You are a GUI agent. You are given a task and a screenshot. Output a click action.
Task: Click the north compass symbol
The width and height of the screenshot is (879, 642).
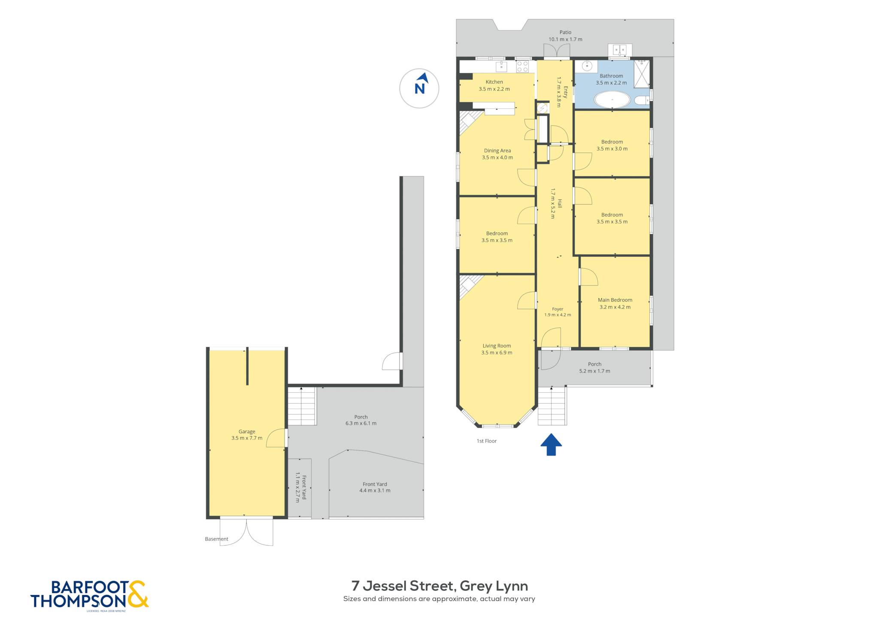coord(419,88)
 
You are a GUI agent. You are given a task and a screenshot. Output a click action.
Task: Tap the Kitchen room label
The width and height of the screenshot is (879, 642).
coord(494,82)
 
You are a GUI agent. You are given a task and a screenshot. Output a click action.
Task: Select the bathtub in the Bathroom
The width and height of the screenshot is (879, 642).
coord(612,100)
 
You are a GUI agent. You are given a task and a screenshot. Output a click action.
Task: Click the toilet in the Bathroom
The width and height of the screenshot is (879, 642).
coord(642,101)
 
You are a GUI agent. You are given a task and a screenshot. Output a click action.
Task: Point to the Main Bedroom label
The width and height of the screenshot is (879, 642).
coord(615,300)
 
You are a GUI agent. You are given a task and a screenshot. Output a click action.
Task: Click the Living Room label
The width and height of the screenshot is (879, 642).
coord(497,345)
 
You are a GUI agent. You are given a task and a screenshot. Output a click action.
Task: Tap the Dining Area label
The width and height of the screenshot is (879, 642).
coord(497,150)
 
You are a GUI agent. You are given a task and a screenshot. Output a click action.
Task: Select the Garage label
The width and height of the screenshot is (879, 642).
coord(247,431)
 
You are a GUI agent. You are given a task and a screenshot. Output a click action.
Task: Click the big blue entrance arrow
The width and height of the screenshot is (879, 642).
coord(551,444)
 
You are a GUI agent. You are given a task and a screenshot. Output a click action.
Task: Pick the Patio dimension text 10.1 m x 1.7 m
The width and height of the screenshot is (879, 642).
coord(565,39)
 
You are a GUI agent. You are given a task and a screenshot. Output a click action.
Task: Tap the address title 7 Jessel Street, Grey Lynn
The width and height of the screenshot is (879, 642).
coord(439,586)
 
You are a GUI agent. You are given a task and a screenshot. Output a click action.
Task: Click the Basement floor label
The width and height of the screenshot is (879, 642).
coord(216,539)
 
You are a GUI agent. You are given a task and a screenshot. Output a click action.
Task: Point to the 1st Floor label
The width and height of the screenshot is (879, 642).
coord(487,441)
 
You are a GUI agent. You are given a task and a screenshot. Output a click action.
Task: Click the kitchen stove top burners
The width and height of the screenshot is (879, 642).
coord(522,66)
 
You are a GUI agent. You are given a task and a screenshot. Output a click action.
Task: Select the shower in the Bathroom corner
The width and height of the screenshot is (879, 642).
coord(642,73)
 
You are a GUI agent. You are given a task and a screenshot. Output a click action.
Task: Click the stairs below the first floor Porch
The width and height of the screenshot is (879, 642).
coord(552,406)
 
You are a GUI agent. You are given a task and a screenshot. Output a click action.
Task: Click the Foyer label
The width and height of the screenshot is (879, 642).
coord(558,309)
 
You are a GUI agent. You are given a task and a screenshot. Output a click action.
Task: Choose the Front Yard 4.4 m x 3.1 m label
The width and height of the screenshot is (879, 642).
coord(375,487)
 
